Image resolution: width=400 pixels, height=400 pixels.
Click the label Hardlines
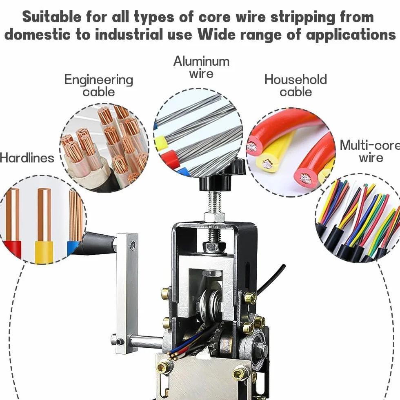27,158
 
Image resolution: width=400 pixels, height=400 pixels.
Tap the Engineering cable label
98,85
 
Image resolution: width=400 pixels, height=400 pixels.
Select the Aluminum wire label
201,67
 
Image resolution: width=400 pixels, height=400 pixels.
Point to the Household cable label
296,85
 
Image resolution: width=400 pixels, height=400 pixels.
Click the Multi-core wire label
370,151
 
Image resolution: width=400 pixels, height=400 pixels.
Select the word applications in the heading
351,35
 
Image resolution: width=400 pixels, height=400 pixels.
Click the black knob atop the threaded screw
222,176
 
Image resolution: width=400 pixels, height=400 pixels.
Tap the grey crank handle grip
98,243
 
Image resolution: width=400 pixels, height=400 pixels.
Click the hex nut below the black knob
214,217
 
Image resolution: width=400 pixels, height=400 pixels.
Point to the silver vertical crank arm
127,293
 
